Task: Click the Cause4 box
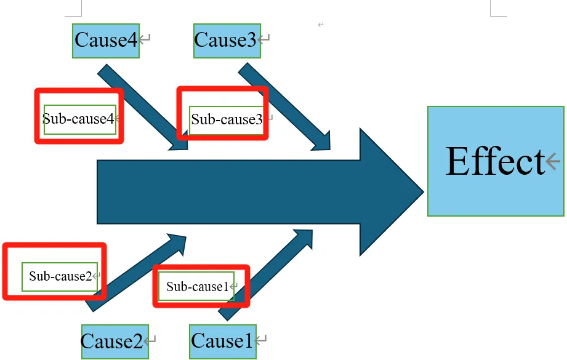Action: coord(105,41)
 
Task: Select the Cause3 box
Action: coord(227,41)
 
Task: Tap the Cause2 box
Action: coord(115,342)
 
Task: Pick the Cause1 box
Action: coord(222,342)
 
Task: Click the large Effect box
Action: coord(496,161)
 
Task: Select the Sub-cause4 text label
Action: coord(79,119)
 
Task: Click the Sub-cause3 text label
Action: coord(227,119)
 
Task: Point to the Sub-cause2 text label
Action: coord(60,276)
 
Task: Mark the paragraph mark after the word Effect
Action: coord(553,161)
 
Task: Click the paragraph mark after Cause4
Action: coord(145,40)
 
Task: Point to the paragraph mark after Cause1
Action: coord(262,340)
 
